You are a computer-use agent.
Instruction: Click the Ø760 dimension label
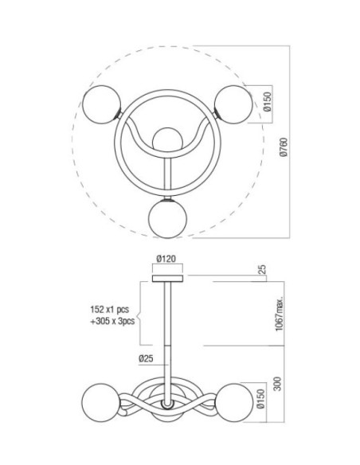(x=284, y=147)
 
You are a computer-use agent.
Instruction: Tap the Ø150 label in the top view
(x=267, y=102)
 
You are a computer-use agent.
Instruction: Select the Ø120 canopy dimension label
(x=166, y=259)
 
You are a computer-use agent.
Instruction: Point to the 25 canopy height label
(x=263, y=269)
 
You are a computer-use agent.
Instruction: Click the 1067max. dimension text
(x=280, y=314)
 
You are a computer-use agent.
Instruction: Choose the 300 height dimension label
(x=277, y=384)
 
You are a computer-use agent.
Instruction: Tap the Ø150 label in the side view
(x=260, y=399)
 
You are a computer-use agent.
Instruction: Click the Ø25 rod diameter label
(x=147, y=358)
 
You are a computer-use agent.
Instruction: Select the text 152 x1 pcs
(x=110, y=310)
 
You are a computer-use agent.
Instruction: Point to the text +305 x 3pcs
(x=112, y=321)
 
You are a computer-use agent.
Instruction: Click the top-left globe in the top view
(x=102, y=104)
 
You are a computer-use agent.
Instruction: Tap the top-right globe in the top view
(x=233, y=104)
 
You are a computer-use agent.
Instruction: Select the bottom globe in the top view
(x=167, y=218)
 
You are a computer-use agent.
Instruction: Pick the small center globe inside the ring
(x=167, y=139)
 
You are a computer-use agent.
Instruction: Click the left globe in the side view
(x=101, y=403)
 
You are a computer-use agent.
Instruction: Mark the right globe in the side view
(x=235, y=403)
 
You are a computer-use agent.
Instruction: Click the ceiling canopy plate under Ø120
(x=167, y=279)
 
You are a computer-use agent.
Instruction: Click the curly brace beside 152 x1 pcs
(x=140, y=313)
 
